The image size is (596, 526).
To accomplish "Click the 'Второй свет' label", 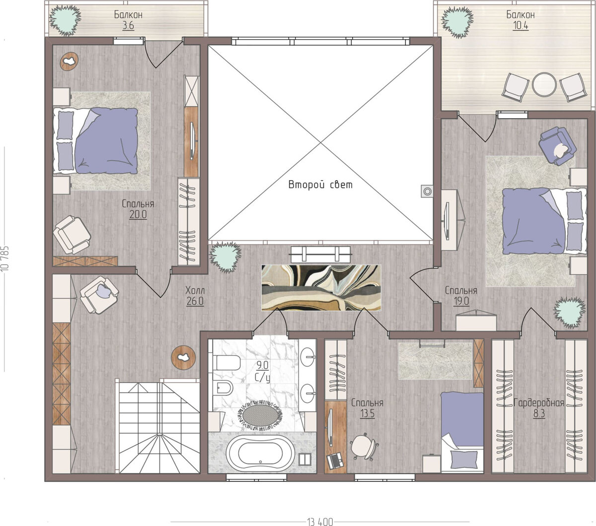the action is [x=320, y=185].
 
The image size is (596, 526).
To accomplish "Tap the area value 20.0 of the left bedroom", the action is [x=138, y=215].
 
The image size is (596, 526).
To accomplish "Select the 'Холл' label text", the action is [x=195, y=290].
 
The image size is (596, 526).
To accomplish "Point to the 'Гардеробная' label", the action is [x=539, y=403].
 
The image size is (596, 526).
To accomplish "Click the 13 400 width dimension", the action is [x=320, y=522].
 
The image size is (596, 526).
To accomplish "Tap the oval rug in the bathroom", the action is [x=260, y=415].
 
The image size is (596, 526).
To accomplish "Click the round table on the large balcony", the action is [x=544, y=84].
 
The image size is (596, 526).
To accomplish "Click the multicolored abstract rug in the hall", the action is [x=321, y=287].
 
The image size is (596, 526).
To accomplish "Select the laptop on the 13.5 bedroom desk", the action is [x=335, y=460].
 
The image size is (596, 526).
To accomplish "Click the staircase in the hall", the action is [x=159, y=426].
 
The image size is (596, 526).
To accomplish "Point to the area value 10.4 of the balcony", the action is [x=521, y=26].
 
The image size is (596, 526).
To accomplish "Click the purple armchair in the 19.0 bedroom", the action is [x=557, y=146].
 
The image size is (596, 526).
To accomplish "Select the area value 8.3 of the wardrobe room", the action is [x=539, y=414].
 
